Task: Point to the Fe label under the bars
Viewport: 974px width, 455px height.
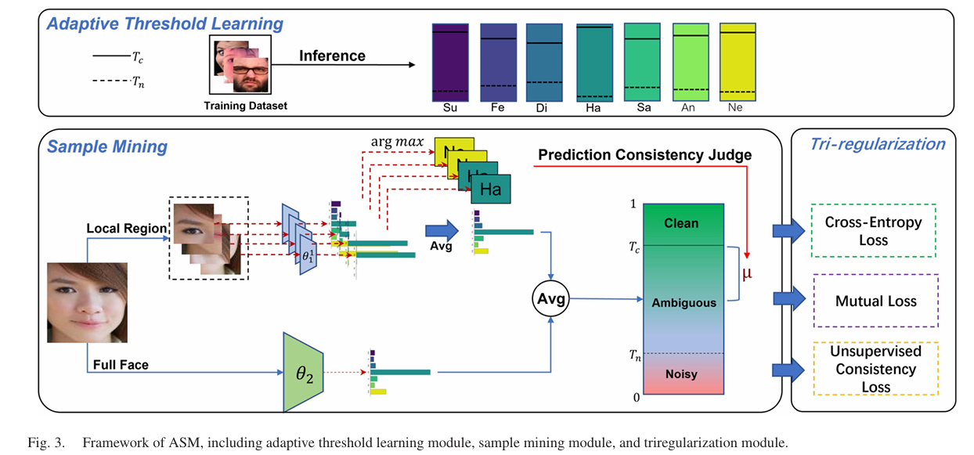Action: pos(498,108)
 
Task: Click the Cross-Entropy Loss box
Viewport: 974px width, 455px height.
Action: pos(873,231)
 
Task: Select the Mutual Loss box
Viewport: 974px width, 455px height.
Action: pos(875,300)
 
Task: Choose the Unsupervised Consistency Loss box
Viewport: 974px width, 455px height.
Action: pos(875,369)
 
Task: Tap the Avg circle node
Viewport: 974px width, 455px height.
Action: pos(551,298)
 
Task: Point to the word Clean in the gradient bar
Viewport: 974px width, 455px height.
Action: pos(680,223)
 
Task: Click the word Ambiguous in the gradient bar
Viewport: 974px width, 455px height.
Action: pos(684,302)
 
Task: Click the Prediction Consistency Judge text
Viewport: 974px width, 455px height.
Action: pos(644,155)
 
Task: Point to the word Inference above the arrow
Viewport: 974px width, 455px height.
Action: pos(332,56)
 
